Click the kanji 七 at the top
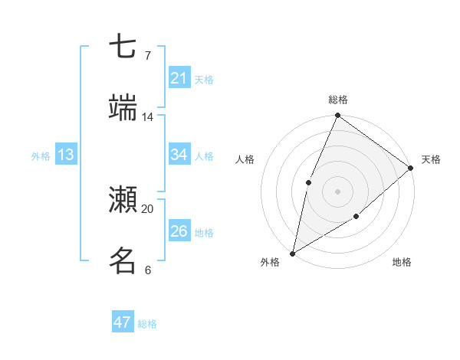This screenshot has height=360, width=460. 123,47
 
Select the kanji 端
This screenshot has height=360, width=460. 123,107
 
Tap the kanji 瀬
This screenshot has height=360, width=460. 123,199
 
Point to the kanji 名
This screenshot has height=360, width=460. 123,260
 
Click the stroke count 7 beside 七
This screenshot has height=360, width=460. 147,56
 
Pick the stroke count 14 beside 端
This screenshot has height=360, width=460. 147,117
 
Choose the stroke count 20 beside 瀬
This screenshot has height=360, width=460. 147,208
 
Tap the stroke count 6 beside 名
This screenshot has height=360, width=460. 147,270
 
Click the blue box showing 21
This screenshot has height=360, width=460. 179,78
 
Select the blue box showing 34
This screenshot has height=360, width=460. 179,155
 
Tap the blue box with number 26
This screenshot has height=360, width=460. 179,231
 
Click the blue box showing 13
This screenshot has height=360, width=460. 66,155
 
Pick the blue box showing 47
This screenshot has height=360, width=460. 123,322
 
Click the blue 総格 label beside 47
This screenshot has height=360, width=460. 147,324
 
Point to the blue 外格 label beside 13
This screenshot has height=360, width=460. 41,156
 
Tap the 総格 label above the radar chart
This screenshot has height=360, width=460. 338,100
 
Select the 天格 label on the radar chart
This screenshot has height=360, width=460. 431,159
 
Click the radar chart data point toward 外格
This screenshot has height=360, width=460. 292,253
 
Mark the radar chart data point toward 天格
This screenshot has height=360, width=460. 411,168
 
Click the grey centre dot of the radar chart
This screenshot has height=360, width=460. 337,191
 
